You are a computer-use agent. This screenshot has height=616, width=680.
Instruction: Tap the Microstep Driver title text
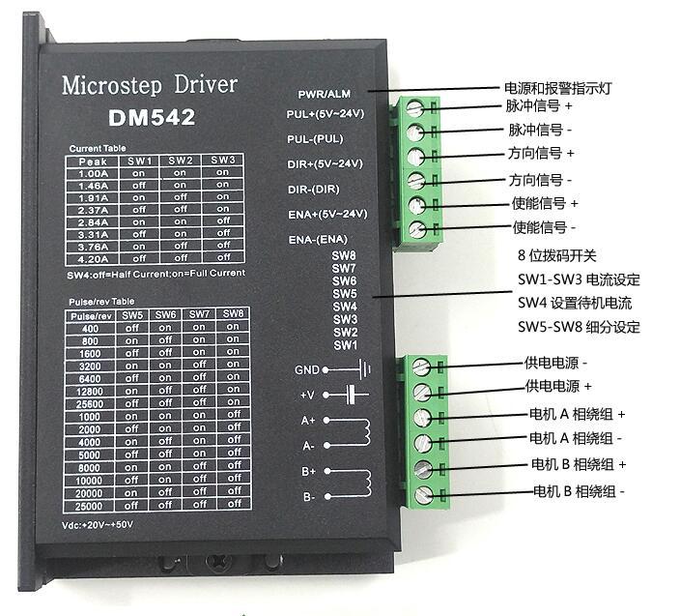(149, 85)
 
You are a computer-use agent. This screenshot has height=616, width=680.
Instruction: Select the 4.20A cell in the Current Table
(94, 257)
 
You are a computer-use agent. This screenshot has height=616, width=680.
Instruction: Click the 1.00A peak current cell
(94, 172)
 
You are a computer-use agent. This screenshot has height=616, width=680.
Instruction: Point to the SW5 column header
(133, 315)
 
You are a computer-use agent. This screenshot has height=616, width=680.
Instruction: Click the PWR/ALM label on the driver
(326, 95)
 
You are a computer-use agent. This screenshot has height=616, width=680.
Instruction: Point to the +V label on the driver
(308, 395)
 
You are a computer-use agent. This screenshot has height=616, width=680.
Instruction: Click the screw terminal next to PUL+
(416, 107)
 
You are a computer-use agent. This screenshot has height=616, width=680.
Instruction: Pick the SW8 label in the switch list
(345, 256)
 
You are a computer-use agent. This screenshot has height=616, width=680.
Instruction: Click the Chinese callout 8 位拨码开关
(558, 256)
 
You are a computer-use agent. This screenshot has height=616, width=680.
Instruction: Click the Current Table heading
(98, 148)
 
